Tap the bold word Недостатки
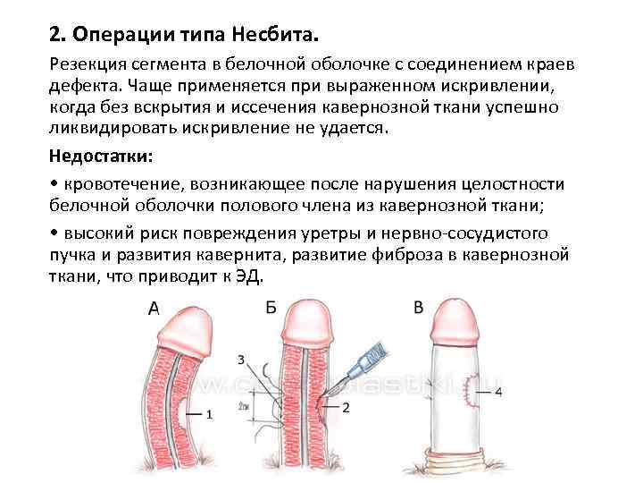coord(100,157)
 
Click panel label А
coord(154,308)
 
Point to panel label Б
coord(271,308)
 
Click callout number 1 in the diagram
coord(209,414)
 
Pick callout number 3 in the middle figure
coord(240,360)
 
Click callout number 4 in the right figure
coord(497,392)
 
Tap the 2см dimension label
coord(244,404)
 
